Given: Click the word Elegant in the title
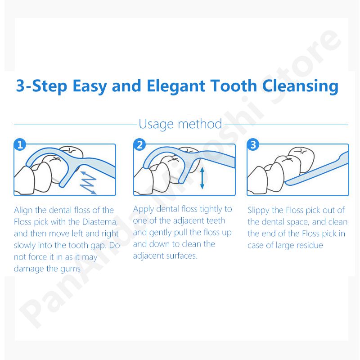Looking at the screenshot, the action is pos(175,86).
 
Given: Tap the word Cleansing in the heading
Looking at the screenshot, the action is pos(300,86).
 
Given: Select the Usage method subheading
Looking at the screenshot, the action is pos(180,124).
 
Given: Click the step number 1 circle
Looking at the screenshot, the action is pos(20,144).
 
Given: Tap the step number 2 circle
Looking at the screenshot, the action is pos(139,144).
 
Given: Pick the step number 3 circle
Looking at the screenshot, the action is pos(253,144).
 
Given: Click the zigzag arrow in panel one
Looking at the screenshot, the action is pos(88,183).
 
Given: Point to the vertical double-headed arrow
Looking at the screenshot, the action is pos(202,178).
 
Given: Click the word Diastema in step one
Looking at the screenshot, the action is pos(100,222).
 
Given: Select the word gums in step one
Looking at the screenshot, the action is pos(70,269).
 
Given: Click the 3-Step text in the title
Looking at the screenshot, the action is pos(41,86).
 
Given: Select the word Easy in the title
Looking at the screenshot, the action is pos(90,86).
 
